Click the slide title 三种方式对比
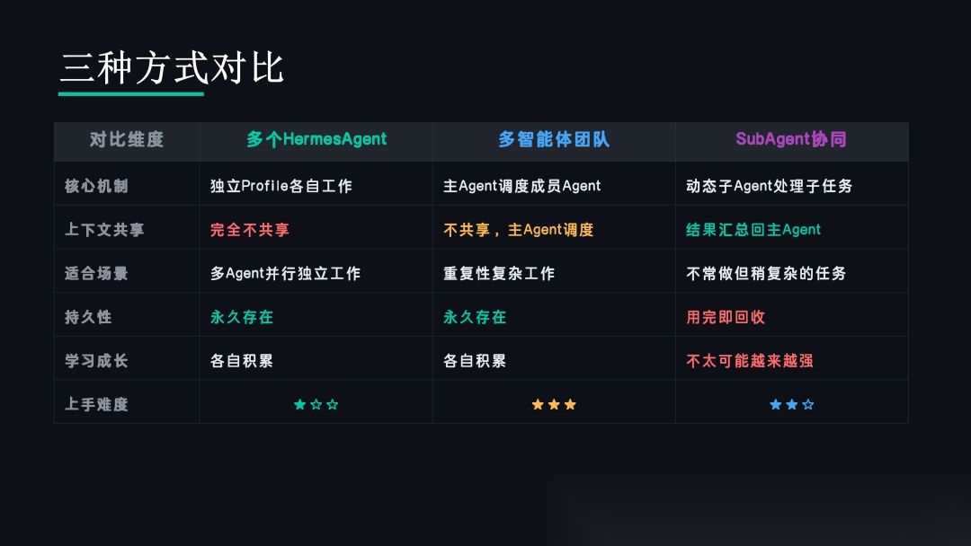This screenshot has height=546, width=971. pyautogui.click(x=172, y=67)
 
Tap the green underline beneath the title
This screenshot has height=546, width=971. pyautogui.click(x=131, y=94)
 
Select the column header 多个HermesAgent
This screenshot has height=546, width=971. pyautogui.click(x=316, y=139)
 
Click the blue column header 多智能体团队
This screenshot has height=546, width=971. pyautogui.click(x=554, y=139)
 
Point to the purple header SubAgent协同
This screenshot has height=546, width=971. pyautogui.click(x=791, y=139)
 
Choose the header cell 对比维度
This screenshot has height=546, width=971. pyautogui.click(x=127, y=139)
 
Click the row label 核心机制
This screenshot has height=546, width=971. pyautogui.click(x=96, y=186)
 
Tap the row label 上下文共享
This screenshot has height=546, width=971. pyautogui.click(x=104, y=230)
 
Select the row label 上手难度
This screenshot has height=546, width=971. pyautogui.click(x=96, y=404)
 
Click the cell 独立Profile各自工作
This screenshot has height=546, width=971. pyautogui.click(x=281, y=186)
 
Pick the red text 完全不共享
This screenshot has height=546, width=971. pyautogui.click(x=250, y=230)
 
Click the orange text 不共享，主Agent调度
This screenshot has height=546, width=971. pyautogui.click(x=519, y=230)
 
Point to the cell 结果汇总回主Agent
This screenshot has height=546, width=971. pyautogui.click(x=753, y=230)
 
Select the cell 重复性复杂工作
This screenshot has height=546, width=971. pyautogui.click(x=499, y=273)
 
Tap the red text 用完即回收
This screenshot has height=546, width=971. pyautogui.click(x=726, y=317)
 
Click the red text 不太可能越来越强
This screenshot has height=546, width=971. pyautogui.click(x=750, y=361)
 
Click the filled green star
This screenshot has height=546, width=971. pyautogui.click(x=299, y=404)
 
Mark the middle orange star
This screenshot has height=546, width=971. pyautogui.click(x=554, y=404)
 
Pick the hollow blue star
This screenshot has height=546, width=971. pyautogui.click(x=808, y=404)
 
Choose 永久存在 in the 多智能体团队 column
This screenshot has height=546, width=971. pyautogui.click(x=475, y=317)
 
